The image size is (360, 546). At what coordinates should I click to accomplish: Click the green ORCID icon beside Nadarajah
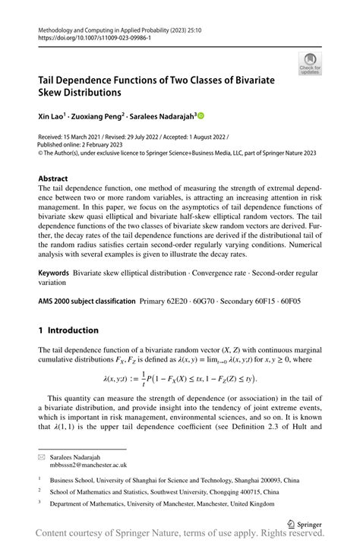click(201, 115)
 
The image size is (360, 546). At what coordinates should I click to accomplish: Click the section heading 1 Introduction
click(68, 352)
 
